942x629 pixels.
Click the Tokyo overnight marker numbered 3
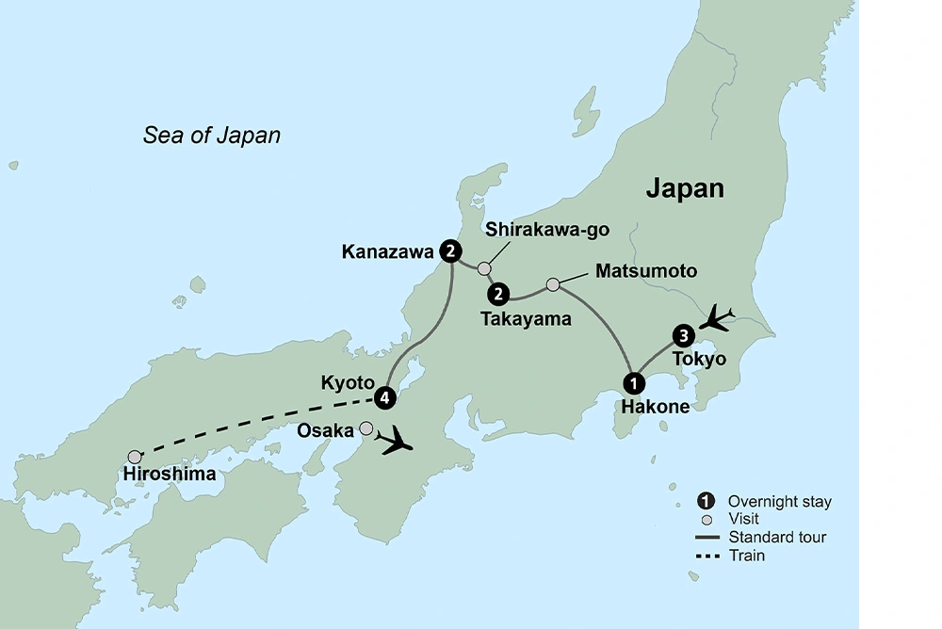click(x=684, y=335)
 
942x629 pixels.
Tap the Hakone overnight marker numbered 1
click(x=634, y=383)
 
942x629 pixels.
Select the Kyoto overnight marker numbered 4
click(x=383, y=397)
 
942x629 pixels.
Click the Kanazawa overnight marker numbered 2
click(x=452, y=251)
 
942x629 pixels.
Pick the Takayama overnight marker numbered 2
click(x=497, y=294)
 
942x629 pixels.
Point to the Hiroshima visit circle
click(x=136, y=456)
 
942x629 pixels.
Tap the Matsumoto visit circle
click(x=553, y=283)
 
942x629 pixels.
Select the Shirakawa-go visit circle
click(x=484, y=268)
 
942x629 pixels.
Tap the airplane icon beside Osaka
click(x=395, y=440)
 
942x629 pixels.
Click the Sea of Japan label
click(x=212, y=136)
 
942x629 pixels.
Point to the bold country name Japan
click(x=685, y=188)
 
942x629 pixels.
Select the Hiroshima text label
click(x=170, y=475)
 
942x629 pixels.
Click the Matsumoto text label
click(x=646, y=271)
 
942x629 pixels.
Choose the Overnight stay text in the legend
click(x=779, y=502)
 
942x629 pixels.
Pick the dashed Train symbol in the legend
click(x=706, y=556)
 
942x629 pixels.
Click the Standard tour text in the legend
click(x=777, y=537)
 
